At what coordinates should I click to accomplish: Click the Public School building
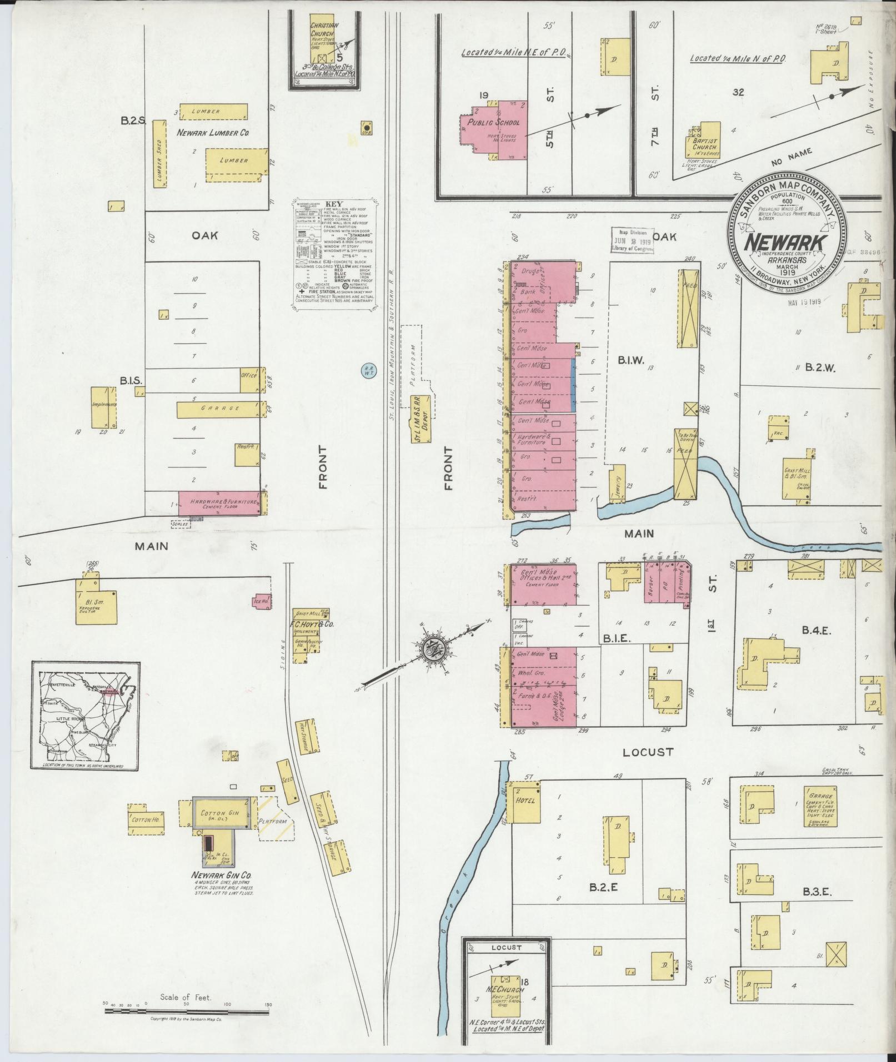(x=494, y=130)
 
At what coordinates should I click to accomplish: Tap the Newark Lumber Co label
(x=213, y=133)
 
